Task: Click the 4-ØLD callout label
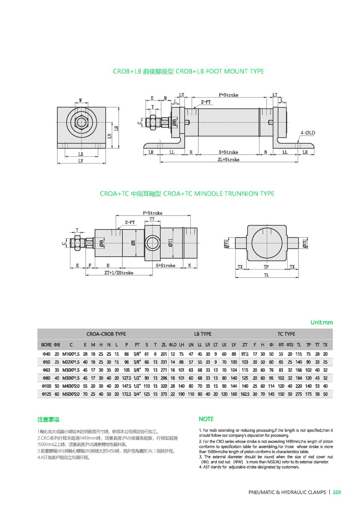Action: (x=308, y=132)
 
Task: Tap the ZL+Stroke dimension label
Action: (x=228, y=160)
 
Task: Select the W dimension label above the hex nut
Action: (x=80, y=100)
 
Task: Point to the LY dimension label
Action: (x=80, y=161)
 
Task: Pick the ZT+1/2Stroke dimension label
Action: (x=119, y=273)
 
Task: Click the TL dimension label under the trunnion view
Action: (x=266, y=275)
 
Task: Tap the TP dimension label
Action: (x=266, y=266)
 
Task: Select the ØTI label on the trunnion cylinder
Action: (x=170, y=242)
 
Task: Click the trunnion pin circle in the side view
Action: (x=152, y=242)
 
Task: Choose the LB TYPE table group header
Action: (x=203, y=334)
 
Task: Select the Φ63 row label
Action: (x=46, y=370)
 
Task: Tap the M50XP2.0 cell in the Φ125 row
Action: (x=71, y=394)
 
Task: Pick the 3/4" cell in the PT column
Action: (x=137, y=394)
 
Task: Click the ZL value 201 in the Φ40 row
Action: (x=164, y=354)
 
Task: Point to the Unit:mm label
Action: (x=322, y=322)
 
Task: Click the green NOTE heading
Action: (x=206, y=419)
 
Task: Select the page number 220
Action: (x=337, y=492)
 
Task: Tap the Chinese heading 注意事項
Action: (x=48, y=419)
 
